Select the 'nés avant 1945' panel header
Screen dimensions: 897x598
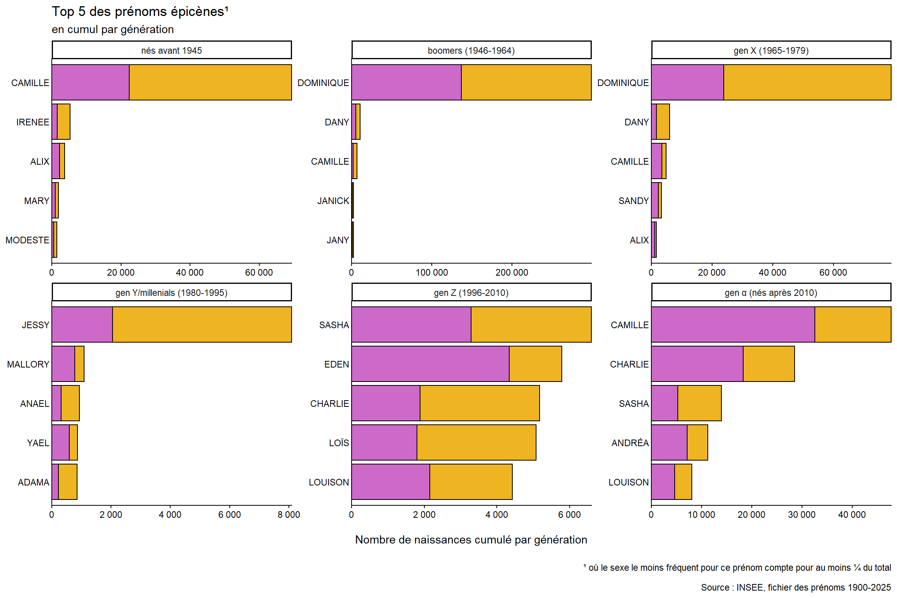point(172,50)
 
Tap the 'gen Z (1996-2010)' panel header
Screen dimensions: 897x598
point(471,292)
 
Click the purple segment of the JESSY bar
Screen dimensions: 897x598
point(82,325)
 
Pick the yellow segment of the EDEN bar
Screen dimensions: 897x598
point(535,364)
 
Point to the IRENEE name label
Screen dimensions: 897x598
point(33,122)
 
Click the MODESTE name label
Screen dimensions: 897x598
point(27,240)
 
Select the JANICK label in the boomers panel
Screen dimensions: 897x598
point(333,201)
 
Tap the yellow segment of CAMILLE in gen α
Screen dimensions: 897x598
point(853,325)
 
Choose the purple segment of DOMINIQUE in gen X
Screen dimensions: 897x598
point(688,83)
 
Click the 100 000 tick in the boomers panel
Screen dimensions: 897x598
point(432,273)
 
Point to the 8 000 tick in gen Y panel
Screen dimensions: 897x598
point(289,515)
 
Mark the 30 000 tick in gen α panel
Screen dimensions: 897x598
point(802,515)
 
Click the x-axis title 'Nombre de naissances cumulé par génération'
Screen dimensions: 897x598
point(471,540)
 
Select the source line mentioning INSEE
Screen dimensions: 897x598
point(796,587)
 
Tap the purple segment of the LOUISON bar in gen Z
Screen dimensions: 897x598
point(390,482)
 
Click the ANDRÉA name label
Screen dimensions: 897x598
point(630,443)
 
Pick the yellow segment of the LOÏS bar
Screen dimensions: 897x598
point(477,442)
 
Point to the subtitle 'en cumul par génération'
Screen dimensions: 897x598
point(113,30)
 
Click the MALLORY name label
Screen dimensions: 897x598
point(28,364)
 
